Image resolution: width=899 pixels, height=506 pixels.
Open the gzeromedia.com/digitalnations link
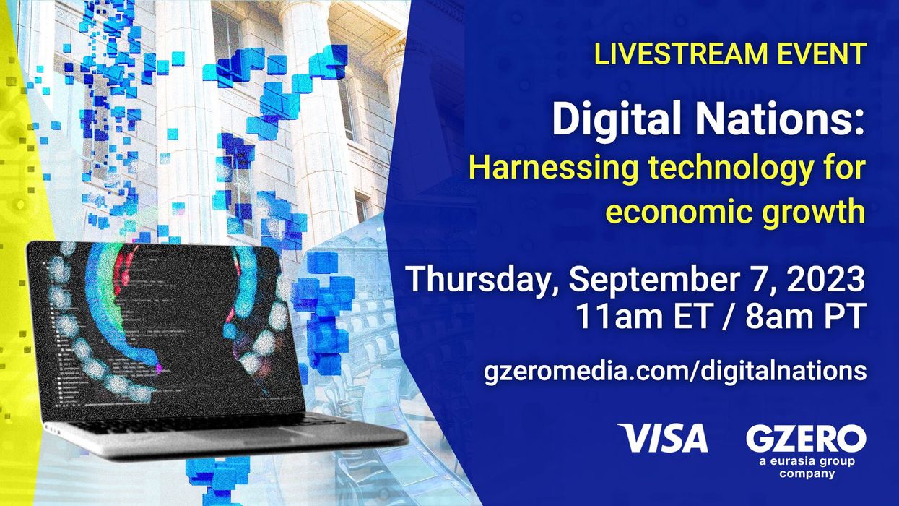click(x=674, y=371)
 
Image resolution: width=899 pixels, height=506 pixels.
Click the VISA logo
click(x=663, y=438)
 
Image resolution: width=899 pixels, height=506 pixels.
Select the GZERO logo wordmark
click(x=806, y=438)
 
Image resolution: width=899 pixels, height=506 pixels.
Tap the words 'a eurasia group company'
click(x=806, y=467)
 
